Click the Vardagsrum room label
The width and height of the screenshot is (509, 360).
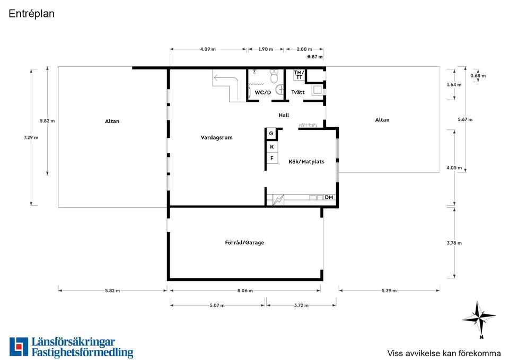(216, 137)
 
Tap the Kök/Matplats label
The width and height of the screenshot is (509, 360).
(306, 161)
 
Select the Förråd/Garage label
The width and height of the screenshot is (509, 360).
(244, 242)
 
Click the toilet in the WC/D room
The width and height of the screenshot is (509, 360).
(275, 76)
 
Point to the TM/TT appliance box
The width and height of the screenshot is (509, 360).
(299, 75)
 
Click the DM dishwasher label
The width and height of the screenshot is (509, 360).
(329, 197)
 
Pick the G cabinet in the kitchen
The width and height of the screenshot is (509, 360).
(271, 134)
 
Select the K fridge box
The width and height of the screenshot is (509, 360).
(271, 147)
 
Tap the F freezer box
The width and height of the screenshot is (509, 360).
(271, 158)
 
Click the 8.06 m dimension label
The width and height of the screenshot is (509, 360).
(245, 291)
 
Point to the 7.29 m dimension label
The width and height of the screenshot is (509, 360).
(31, 137)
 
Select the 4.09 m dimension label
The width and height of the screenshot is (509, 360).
(208, 49)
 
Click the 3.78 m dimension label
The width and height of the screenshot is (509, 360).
(454, 243)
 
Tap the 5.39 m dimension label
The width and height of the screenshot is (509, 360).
(389, 291)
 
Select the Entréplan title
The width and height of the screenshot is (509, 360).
(31, 14)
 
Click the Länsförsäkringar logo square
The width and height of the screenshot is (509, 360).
(19, 347)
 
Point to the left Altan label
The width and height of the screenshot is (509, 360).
(112, 121)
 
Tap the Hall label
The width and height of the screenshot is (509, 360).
(284, 115)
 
